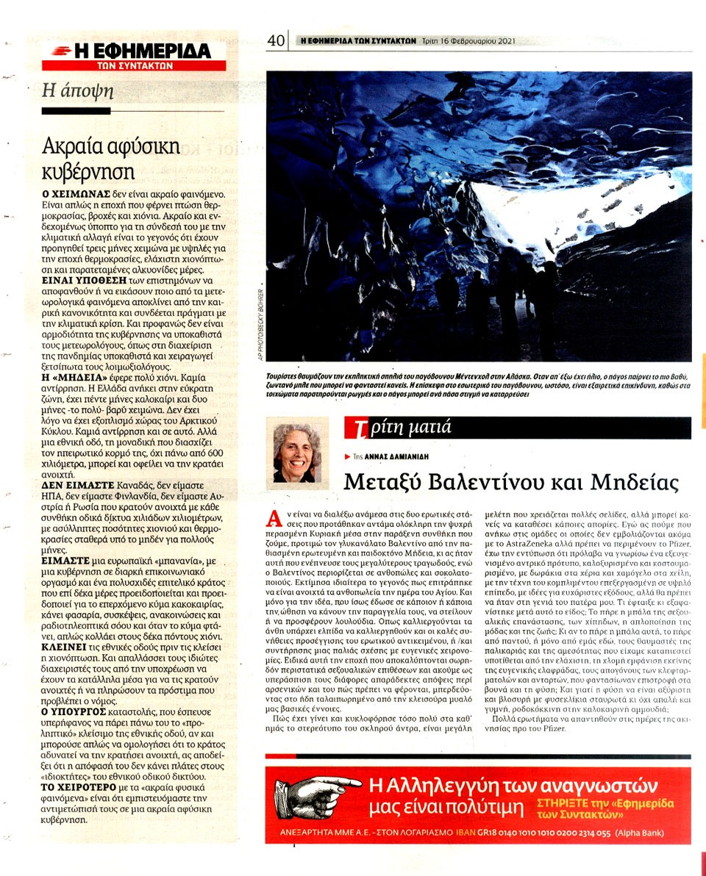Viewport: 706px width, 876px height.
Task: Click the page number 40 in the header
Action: pos(276,42)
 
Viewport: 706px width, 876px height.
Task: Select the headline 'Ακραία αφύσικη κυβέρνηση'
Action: pos(111,158)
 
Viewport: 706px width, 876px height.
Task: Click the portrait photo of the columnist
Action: pos(297,453)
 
